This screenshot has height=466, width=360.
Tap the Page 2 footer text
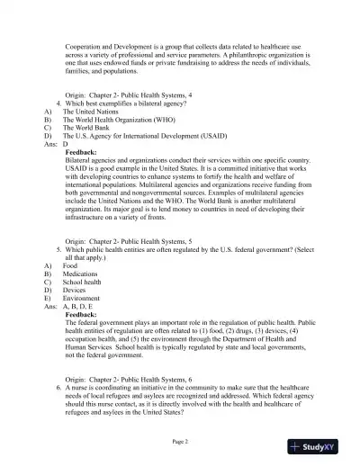(x=180, y=442)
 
